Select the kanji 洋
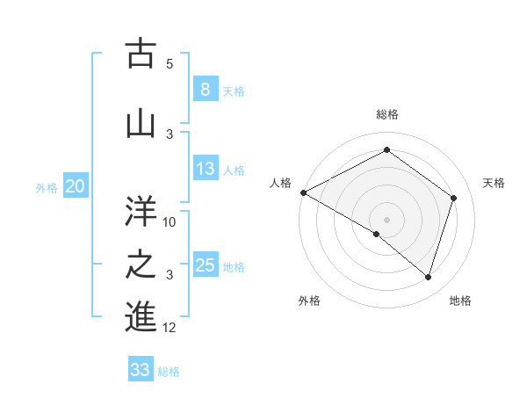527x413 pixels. [x=141, y=211]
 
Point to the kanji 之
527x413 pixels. [x=141, y=265]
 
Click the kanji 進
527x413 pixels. [x=141, y=316]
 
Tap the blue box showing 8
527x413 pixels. [x=205, y=90]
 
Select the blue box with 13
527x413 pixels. [x=205, y=170]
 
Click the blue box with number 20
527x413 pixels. [x=76, y=186]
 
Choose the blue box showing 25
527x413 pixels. [x=205, y=265]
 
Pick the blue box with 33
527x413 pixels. [x=141, y=370]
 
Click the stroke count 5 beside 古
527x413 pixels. [x=170, y=64]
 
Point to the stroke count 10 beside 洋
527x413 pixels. [x=170, y=222]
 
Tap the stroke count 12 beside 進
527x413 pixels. [x=170, y=328]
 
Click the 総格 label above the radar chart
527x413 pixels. [x=387, y=114]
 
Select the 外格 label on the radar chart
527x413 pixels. [x=309, y=301]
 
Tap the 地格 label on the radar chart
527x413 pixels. [x=460, y=301]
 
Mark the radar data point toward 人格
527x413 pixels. [x=303, y=192]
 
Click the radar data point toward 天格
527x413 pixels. [x=454, y=198]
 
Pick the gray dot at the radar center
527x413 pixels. [x=386, y=219]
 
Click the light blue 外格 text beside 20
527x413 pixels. [x=46, y=187]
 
